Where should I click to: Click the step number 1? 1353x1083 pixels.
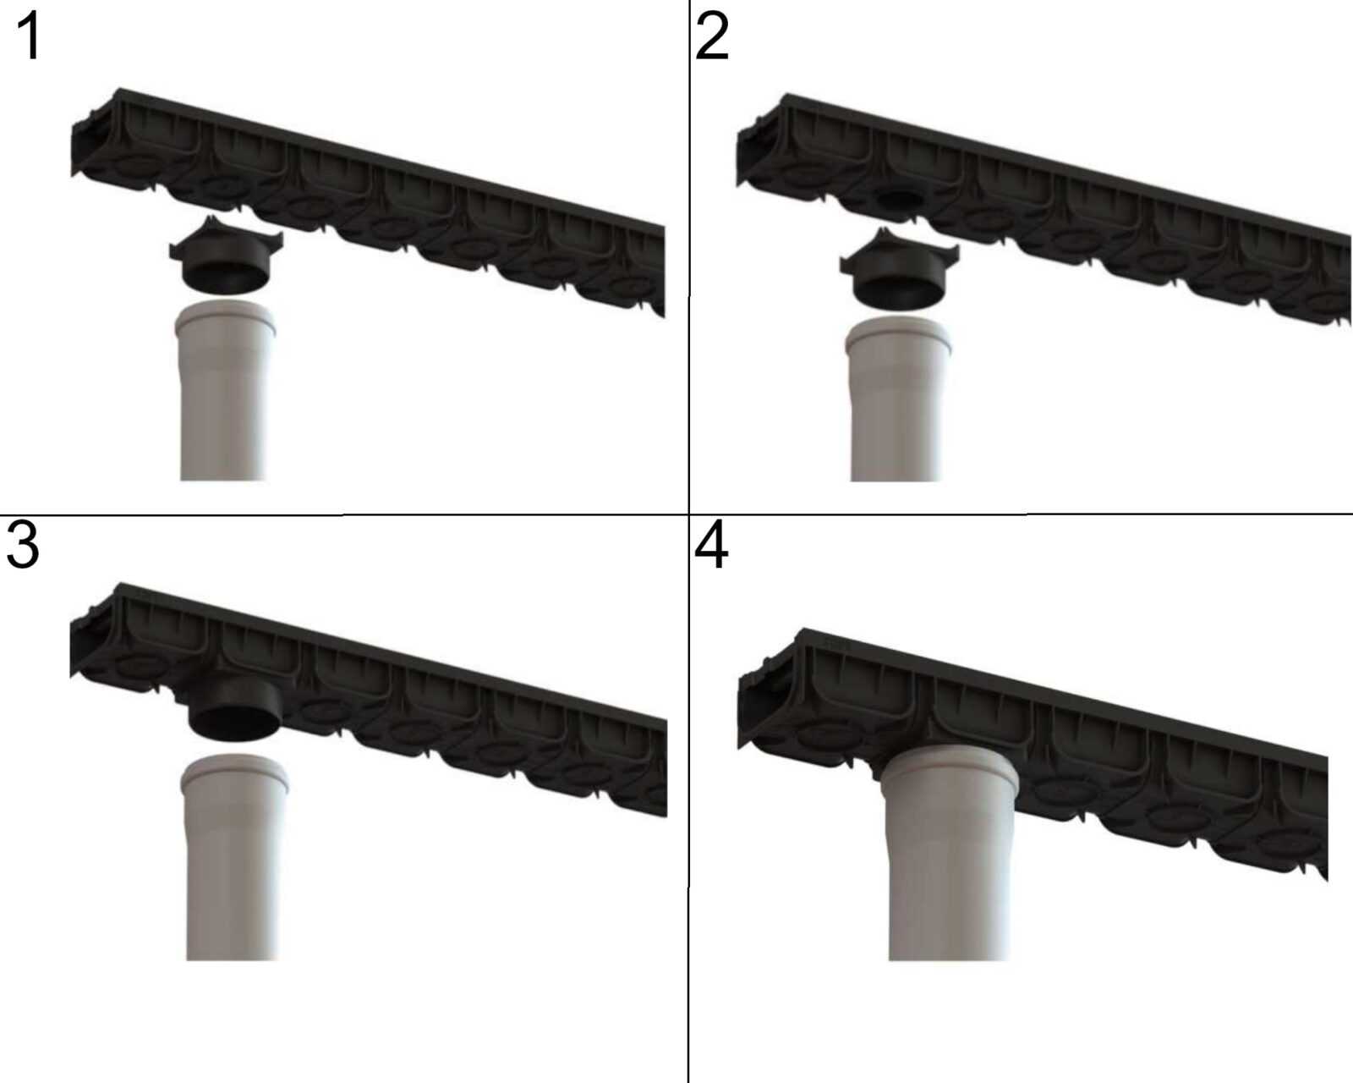pyautogui.click(x=30, y=38)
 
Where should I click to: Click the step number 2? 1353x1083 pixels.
pyautogui.click(x=712, y=38)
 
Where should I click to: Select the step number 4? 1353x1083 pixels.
pyautogui.click(x=711, y=546)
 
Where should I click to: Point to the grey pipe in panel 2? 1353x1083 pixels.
pyautogui.click(x=896, y=399)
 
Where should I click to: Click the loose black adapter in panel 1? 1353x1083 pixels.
pyautogui.click(x=227, y=256)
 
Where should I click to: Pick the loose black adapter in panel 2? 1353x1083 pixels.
pyautogui.click(x=899, y=269)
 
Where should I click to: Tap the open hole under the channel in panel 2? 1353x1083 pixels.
pyautogui.click(x=900, y=201)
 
